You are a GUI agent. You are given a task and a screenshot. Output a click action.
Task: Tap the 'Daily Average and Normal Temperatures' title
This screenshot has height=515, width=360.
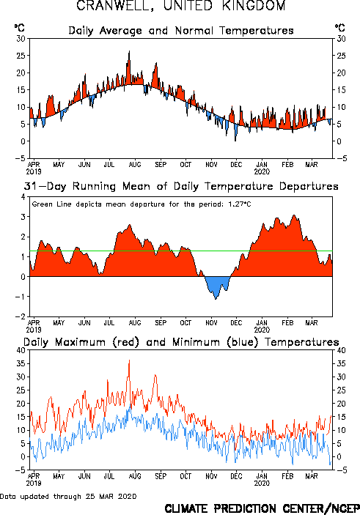tap(181, 31)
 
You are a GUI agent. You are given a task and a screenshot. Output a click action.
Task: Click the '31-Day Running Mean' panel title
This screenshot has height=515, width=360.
tap(181, 186)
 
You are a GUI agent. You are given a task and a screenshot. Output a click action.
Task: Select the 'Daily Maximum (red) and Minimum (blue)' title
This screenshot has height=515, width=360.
tap(181, 342)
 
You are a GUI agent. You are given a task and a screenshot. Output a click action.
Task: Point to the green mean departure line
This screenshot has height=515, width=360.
tap(181, 251)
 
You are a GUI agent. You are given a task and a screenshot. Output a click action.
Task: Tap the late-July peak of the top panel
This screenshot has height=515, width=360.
tap(129, 51)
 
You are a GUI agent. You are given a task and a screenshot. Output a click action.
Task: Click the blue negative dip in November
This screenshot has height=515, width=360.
tap(216, 286)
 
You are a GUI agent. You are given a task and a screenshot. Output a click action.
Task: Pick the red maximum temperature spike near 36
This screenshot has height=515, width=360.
tap(129, 360)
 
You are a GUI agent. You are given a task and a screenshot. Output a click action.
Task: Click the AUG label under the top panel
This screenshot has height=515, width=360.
tap(135, 164)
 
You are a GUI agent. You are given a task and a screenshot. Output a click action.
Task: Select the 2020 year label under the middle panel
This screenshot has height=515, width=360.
tap(262, 330)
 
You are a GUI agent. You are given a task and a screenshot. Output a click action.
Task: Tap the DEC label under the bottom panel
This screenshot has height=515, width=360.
tap(236, 476)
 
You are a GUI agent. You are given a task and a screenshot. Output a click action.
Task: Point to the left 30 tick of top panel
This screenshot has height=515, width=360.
tap(21, 38)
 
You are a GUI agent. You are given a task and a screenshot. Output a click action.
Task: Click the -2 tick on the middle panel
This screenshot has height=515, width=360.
tap(21, 316)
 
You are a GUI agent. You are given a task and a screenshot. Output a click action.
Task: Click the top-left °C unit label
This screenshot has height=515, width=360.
tap(19, 28)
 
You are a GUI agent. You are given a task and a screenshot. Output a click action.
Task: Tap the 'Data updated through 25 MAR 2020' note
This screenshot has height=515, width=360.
tap(68, 496)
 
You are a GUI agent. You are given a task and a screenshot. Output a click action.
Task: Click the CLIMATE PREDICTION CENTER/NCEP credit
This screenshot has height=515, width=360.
tap(262, 508)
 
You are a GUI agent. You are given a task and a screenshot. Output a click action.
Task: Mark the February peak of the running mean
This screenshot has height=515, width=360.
tap(294, 215)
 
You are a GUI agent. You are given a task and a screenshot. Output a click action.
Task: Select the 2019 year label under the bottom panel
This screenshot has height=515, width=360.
tap(34, 483)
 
